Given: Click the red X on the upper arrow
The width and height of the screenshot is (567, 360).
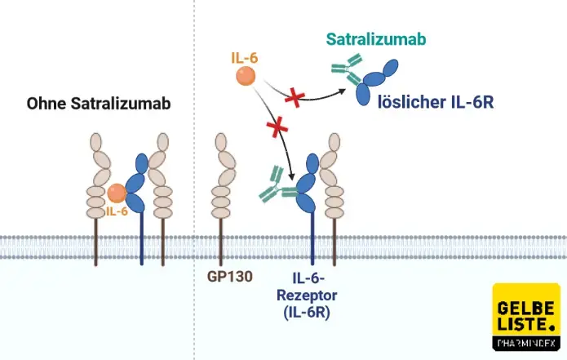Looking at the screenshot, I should pyautogui.click(x=295, y=99).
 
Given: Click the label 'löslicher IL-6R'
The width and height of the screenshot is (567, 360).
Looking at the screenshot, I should pyautogui.click(x=436, y=104).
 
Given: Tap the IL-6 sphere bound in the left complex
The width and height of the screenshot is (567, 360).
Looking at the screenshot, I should pyautogui.click(x=117, y=193).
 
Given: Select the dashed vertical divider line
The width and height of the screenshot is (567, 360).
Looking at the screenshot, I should pyautogui.click(x=195, y=163).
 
